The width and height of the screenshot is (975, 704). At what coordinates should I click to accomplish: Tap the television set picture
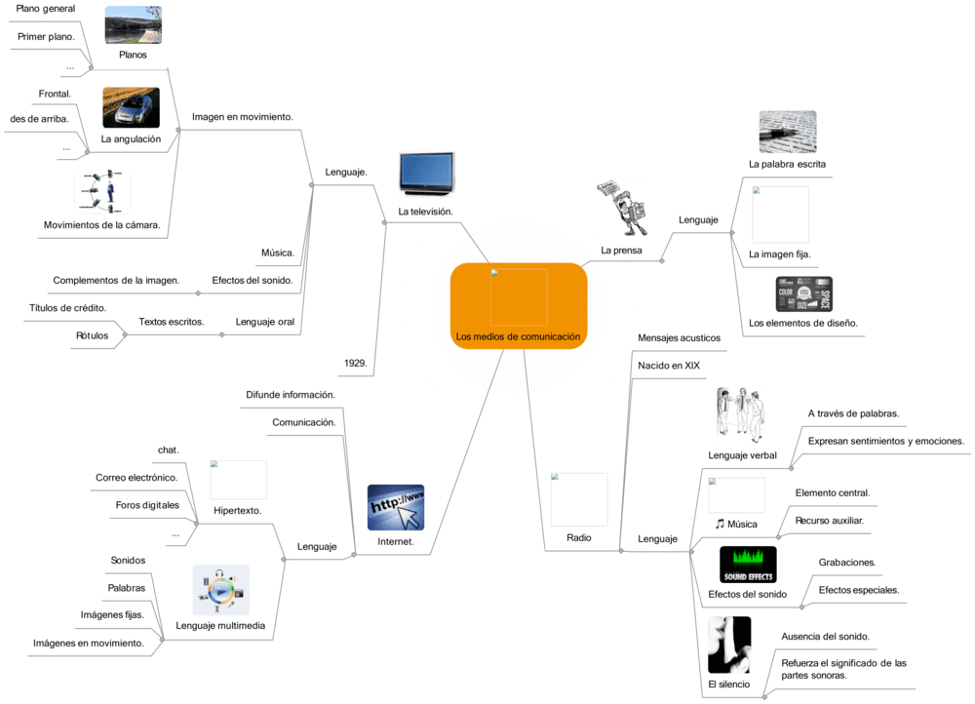click(427, 174)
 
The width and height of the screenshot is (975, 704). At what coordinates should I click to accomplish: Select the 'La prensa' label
click(621, 251)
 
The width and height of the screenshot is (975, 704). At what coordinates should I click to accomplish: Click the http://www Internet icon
click(396, 508)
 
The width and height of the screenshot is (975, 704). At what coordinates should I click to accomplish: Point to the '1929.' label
click(355, 363)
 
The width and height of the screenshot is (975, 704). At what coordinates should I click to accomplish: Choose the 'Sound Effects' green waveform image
click(748, 565)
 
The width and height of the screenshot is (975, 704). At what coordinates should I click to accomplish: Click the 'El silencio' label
click(729, 684)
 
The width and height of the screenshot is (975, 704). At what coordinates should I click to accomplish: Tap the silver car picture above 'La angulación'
click(131, 108)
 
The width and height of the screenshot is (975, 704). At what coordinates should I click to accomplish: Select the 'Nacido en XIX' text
click(669, 366)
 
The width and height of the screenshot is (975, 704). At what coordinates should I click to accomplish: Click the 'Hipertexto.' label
click(238, 510)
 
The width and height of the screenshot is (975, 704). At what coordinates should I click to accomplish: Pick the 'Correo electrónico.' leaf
click(136, 478)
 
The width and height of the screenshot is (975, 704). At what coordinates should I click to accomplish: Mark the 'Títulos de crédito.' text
click(67, 308)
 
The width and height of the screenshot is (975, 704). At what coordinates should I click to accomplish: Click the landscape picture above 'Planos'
click(133, 25)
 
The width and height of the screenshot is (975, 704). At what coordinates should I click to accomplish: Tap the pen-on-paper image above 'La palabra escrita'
click(787, 133)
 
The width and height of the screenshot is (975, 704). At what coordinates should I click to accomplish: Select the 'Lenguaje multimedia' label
click(220, 626)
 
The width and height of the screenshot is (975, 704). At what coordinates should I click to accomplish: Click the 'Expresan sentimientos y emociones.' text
click(885, 441)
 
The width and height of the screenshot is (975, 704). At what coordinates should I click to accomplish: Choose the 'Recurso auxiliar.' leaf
click(829, 521)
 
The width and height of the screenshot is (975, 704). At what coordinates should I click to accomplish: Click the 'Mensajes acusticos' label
click(679, 338)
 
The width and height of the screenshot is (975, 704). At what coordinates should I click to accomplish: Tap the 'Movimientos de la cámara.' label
click(101, 225)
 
